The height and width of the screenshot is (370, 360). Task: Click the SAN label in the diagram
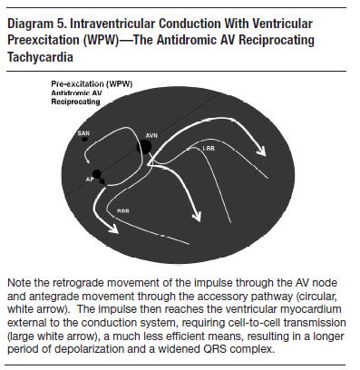84,133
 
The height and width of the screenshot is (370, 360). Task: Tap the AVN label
152,131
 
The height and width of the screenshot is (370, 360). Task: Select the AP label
89,179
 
